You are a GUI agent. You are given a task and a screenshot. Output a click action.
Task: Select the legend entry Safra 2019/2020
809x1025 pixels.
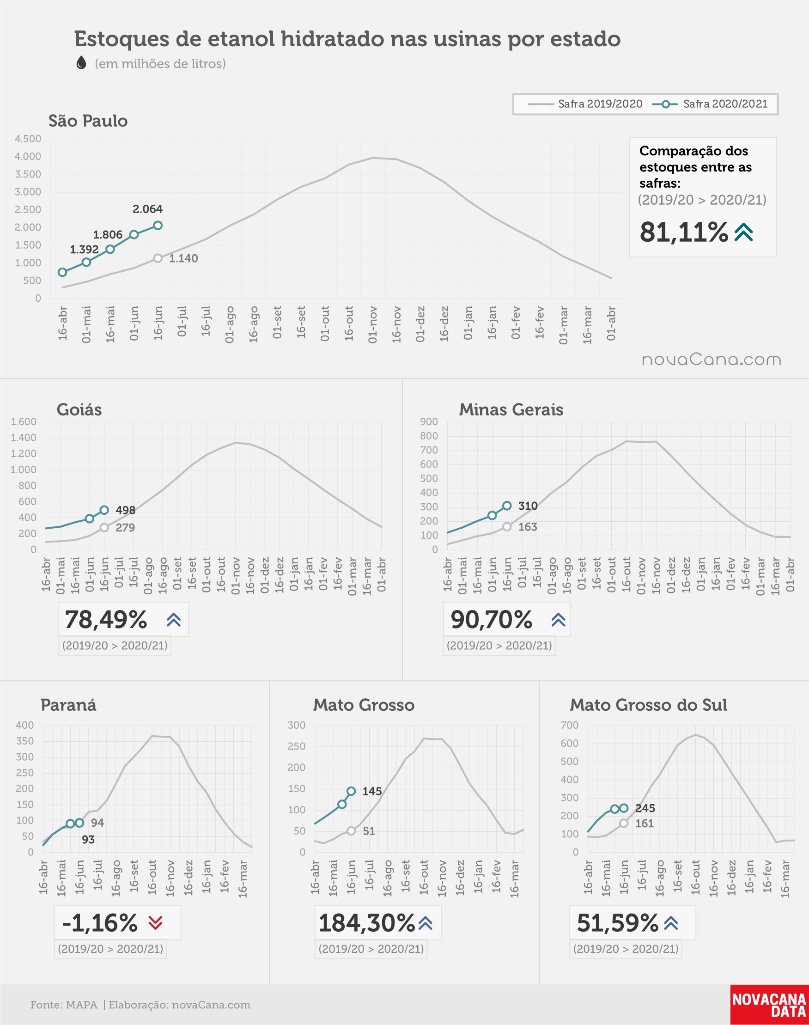tap(585, 104)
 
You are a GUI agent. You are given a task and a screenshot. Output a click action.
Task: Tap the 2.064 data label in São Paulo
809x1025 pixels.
tap(147, 209)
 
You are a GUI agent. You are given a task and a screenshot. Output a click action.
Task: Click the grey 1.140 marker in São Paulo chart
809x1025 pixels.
tap(158, 258)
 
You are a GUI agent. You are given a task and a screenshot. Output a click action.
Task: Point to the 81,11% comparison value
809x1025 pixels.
tap(683, 232)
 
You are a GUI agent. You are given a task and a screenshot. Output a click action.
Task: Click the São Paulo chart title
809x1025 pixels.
tap(88, 121)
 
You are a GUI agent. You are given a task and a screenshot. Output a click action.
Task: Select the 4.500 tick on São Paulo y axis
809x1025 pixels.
tap(28, 139)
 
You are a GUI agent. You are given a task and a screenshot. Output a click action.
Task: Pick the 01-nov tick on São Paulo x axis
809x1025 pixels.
tap(373, 324)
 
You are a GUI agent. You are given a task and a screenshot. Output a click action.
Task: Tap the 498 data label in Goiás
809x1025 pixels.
tap(126, 510)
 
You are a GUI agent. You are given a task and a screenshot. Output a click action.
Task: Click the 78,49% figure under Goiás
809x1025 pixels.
tap(106, 620)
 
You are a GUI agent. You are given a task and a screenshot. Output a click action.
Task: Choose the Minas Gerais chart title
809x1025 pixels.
tap(511, 410)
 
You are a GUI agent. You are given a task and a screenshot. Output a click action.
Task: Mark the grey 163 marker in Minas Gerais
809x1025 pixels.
tap(507, 527)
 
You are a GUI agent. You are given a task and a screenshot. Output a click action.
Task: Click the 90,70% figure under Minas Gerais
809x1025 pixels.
tap(491, 620)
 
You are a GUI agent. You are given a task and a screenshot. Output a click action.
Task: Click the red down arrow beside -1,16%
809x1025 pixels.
tap(155, 923)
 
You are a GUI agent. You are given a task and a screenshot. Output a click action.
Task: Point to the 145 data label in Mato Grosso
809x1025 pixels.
tap(372, 791)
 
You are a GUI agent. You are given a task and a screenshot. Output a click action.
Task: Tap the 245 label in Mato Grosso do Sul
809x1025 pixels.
tap(645, 808)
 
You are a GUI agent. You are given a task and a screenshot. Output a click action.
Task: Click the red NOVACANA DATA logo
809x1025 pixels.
tap(769, 1005)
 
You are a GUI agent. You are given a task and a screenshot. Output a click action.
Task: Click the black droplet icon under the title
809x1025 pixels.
tap(81, 62)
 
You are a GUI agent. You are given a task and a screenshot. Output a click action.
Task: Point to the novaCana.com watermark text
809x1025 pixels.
tap(712, 360)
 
